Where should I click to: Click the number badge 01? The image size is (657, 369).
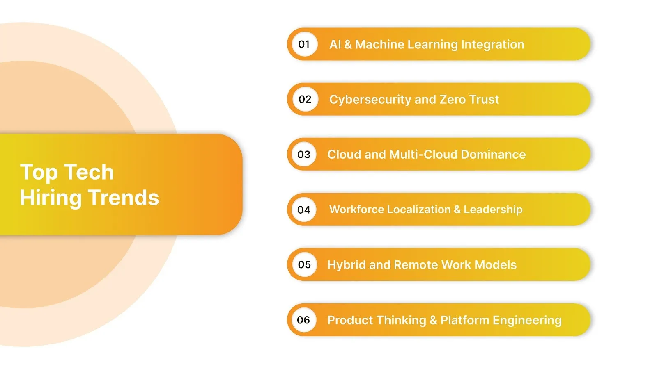coord(304,44)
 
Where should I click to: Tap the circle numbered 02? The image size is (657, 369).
coord(305,99)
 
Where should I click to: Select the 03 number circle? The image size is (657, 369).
coord(304,155)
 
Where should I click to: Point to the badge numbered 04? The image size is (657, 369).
coord(304,210)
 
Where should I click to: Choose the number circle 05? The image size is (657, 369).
coord(304,265)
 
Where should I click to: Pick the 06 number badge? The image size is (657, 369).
coord(303,320)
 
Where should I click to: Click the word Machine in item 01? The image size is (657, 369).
coord(379,44)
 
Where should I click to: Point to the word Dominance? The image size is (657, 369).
coord(493,155)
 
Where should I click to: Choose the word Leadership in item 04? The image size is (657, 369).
coord(493,210)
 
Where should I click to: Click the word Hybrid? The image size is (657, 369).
coord(346,265)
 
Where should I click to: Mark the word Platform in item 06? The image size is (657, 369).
coord(464,320)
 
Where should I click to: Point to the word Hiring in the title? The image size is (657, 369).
coord(51,198)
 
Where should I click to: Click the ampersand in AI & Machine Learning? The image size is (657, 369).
coord(348,44)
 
